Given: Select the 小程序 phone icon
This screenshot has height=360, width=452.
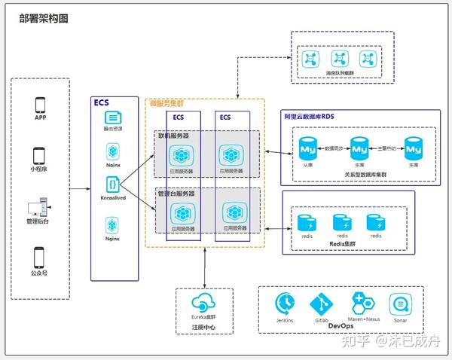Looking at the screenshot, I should pos(41,155).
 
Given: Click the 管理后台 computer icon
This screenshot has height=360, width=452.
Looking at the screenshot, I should pos(41,206).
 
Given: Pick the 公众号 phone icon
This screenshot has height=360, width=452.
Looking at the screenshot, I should pos(41,256).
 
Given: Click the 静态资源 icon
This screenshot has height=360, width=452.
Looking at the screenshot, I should pos(113,117).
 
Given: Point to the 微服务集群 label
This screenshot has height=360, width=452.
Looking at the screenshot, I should pos(166,104).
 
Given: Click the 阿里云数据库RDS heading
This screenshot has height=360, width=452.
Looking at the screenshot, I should pos(309,115).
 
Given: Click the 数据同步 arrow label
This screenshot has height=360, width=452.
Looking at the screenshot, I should pos(334,148).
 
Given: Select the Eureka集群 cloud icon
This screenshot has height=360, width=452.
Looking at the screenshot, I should pos(201,303).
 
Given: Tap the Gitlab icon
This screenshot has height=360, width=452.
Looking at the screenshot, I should pos(322,304).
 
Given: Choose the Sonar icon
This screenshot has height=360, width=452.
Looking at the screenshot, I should pos(400,303).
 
